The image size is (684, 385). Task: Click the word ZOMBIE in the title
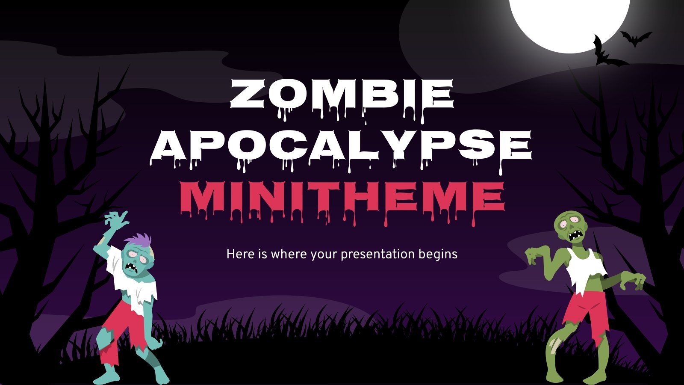coord(342,95)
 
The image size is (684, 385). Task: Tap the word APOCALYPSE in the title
coord(342,145)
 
